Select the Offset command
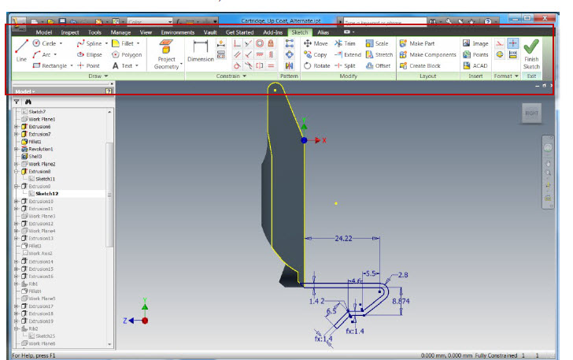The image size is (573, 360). pyautogui.click(x=379, y=65)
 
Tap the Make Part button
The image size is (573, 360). pyautogui.click(x=422, y=43)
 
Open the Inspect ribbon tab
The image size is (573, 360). pyautogui.click(x=69, y=32)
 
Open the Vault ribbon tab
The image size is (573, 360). pyautogui.click(x=210, y=32)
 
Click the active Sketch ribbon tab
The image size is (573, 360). pyautogui.click(x=299, y=32)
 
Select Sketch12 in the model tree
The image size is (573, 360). pyautogui.click(x=46, y=193)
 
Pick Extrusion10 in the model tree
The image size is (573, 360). pyautogui.click(x=40, y=201)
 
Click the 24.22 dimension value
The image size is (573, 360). pyautogui.click(x=343, y=236)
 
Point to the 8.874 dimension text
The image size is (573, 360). pyautogui.click(x=401, y=301)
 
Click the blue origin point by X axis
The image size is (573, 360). pyautogui.click(x=304, y=139)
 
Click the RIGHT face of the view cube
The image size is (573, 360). pyautogui.click(x=532, y=113)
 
